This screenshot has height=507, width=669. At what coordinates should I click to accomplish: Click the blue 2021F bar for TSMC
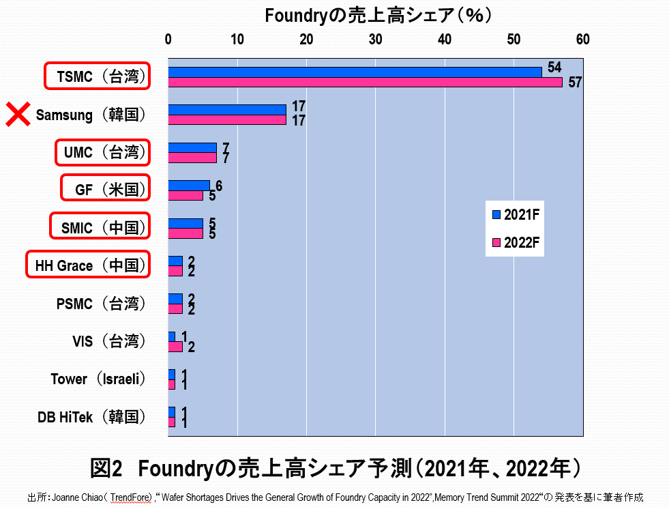point(355,72)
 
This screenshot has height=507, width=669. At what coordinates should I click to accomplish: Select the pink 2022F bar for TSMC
point(365,83)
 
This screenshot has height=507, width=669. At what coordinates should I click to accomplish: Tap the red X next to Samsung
point(17,115)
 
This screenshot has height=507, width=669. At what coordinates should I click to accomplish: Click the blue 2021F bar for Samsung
point(227,109)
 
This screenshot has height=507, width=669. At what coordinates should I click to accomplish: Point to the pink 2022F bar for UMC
point(192,158)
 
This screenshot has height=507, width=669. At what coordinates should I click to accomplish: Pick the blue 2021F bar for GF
point(189,186)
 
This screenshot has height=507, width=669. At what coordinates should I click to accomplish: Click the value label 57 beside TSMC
point(575,83)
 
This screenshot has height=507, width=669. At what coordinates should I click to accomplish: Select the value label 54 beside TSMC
point(554,67)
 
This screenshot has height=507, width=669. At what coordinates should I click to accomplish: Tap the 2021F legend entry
point(516,215)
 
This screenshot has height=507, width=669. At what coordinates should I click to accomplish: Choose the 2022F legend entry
point(516,242)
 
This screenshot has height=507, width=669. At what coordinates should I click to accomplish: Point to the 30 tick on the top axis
point(376,40)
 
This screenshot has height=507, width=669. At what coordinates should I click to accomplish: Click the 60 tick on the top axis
point(582,40)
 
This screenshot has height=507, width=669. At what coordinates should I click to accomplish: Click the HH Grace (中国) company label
point(88,265)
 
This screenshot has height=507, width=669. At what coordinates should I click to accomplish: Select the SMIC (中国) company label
point(100,227)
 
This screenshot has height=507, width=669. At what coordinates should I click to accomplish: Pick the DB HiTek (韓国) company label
point(92,417)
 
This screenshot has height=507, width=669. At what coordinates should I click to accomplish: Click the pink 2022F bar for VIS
point(175,347)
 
